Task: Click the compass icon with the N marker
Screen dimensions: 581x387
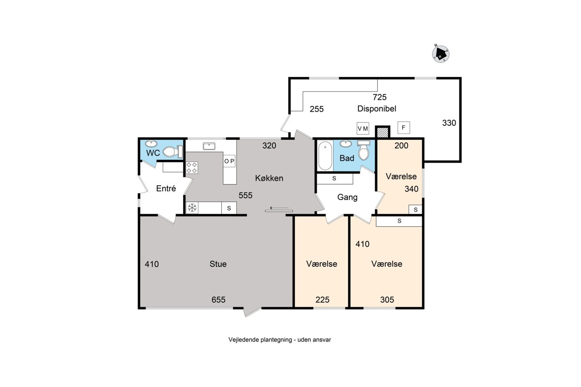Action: tap(441, 54)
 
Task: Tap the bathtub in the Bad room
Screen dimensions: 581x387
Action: tap(325, 156)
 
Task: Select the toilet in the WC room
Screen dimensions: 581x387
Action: tap(172, 152)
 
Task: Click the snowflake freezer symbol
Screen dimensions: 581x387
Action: tap(192, 208)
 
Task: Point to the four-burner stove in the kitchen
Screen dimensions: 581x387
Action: tap(192, 168)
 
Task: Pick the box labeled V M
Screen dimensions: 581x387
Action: tap(363, 128)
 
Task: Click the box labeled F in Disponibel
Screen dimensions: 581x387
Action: tap(404, 128)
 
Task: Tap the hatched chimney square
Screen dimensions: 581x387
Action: tap(383, 133)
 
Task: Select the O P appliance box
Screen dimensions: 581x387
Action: tap(229, 161)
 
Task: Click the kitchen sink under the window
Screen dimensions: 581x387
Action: tap(209, 146)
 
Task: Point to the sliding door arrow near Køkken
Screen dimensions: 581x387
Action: tap(279, 208)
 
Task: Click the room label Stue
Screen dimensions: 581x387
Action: tap(218, 264)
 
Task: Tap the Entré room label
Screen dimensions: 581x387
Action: tap(166, 188)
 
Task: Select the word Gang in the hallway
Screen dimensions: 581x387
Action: tap(347, 197)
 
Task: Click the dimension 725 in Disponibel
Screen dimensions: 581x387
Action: tap(380, 97)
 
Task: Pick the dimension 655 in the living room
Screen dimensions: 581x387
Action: tap(218, 299)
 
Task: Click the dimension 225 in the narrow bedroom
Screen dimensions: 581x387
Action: tap(322, 299)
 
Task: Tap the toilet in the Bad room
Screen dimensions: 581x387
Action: tap(364, 150)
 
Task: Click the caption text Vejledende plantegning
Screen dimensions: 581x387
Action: tap(260, 340)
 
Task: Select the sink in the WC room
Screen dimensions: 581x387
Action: tap(151, 144)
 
